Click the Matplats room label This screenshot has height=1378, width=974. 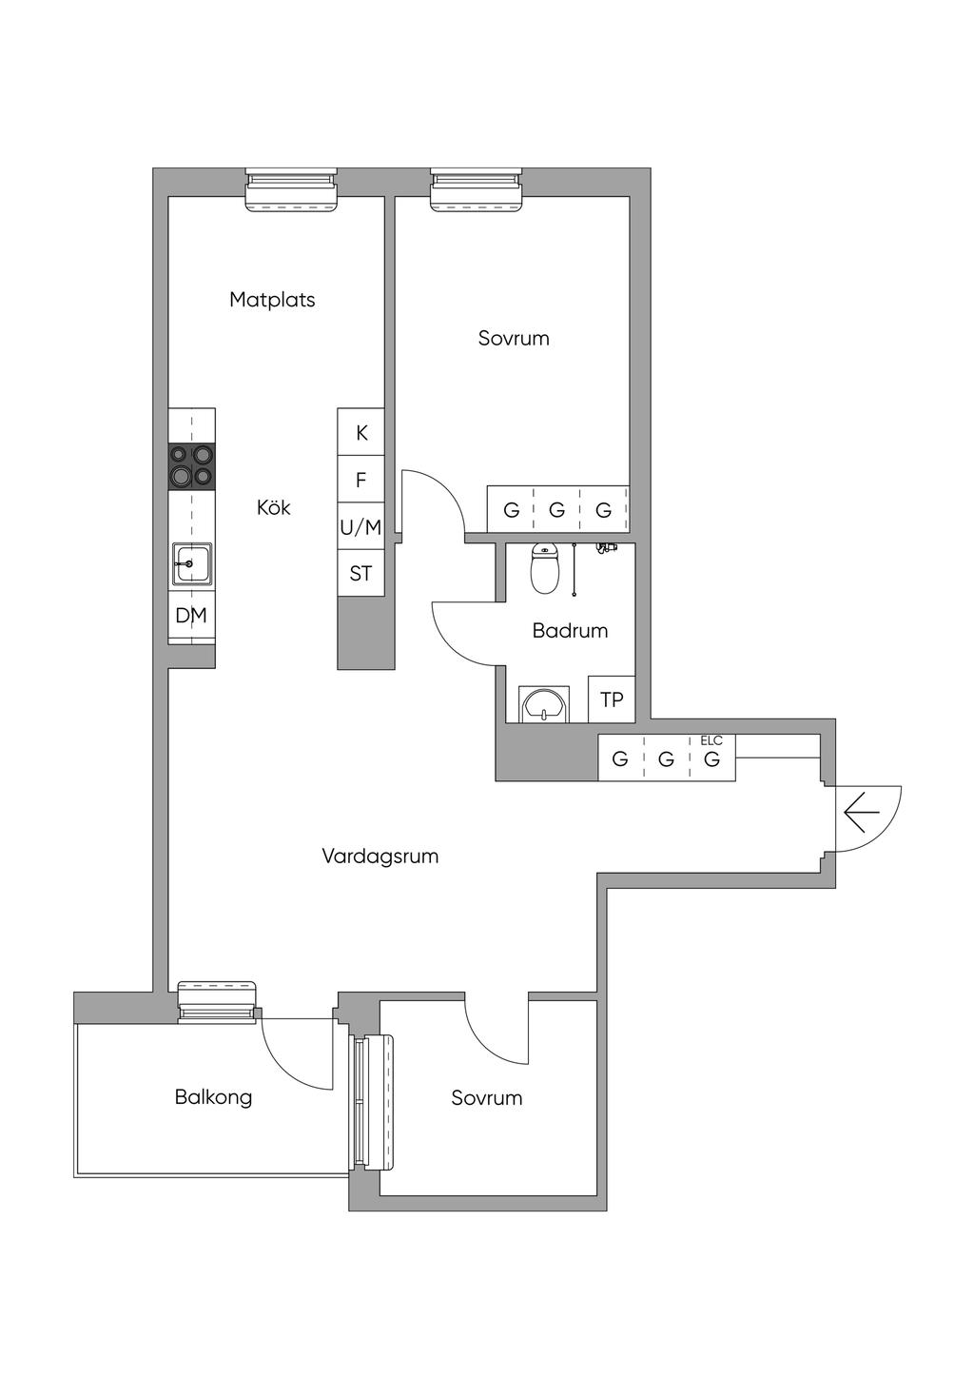pyautogui.click(x=272, y=300)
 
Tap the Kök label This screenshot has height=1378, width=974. pyautogui.click(x=274, y=507)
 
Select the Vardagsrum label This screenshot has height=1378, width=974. pyautogui.click(x=380, y=856)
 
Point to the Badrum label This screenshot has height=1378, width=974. pyautogui.click(x=570, y=631)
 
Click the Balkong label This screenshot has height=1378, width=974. pyautogui.click(x=213, y=1097)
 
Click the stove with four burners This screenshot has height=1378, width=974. pyautogui.click(x=192, y=466)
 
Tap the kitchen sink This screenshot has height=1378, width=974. pyautogui.click(x=192, y=562)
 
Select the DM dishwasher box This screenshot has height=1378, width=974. pyautogui.click(x=192, y=615)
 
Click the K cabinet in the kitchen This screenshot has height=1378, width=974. pyautogui.click(x=360, y=432)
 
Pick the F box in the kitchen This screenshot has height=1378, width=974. pyautogui.click(x=360, y=479)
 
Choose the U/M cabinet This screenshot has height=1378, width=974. pyautogui.click(x=360, y=526)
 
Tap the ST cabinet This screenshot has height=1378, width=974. pyautogui.click(x=360, y=573)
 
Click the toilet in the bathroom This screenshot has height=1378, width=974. pyautogui.click(x=544, y=568)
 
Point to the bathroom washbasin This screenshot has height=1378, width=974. pyautogui.click(x=543, y=704)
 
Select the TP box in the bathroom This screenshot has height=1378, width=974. pyautogui.click(x=612, y=699)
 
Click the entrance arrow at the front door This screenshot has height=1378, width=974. pyautogui.click(x=862, y=813)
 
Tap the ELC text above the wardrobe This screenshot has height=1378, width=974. pyautogui.click(x=711, y=740)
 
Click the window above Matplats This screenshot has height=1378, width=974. pyautogui.click(x=291, y=190)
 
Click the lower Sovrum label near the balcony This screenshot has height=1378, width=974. pyautogui.click(x=487, y=1097)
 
